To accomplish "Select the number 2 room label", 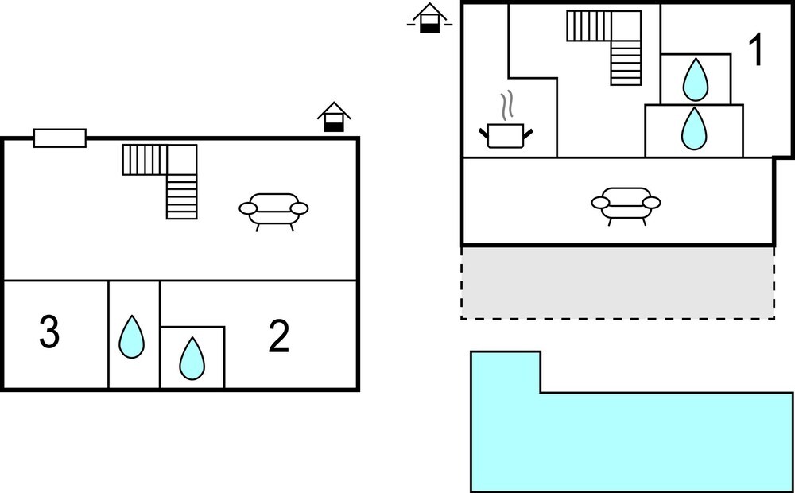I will pos(278,338).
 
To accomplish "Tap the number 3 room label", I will pos(49,332).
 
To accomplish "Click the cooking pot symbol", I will pos(506,134).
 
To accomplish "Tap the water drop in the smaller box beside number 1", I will pos(696,78).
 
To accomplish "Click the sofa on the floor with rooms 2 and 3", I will pos(273,211).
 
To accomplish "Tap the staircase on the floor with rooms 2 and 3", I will pos(168,179).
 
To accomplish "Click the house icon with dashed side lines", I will pos(429,19).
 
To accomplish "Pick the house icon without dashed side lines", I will pos(334,118).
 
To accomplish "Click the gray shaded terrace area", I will pos(618,282).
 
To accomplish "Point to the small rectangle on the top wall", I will pos(60,138).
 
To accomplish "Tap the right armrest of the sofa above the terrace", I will pos(651,203).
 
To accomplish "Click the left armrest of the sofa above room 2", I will pos(248,209).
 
